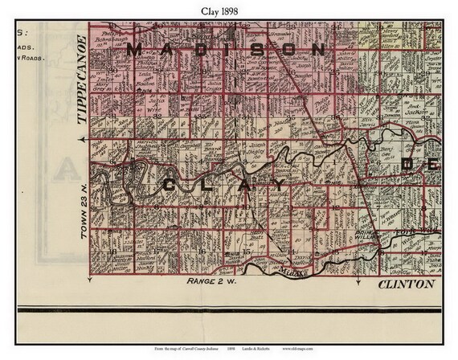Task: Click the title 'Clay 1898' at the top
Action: pos(228,10)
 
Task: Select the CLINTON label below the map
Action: pos(405,284)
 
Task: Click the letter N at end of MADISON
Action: pos(319,50)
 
